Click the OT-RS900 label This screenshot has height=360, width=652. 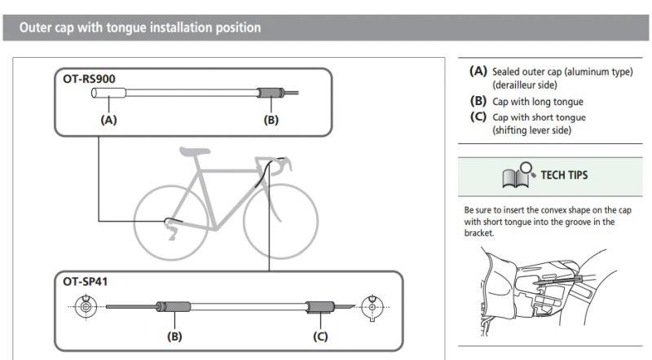tap(89, 79)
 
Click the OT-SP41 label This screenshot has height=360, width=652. tap(86, 282)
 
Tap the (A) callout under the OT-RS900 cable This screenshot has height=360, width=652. tap(108, 121)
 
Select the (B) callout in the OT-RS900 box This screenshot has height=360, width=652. tap(271, 121)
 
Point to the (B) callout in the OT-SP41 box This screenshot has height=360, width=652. tap(174, 336)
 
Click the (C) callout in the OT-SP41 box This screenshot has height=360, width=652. tap(320, 336)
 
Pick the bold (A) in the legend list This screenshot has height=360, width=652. tap(478, 71)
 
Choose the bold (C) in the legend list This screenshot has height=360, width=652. tap(478, 116)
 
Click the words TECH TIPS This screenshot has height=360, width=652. tap(564, 175)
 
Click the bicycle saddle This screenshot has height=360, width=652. tap(195, 151)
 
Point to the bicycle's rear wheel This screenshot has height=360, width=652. tap(171, 223)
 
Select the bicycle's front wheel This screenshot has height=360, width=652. tap(280, 222)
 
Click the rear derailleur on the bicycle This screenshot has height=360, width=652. tap(171, 229)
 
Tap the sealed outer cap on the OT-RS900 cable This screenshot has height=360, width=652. tap(108, 93)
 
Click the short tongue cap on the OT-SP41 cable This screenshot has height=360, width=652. tap(320, 307)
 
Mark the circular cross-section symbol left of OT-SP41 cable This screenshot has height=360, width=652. tap(86, 307)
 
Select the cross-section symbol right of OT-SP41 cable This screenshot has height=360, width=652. tap(372, 308)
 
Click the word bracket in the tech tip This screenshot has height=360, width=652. tap(479, 233)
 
